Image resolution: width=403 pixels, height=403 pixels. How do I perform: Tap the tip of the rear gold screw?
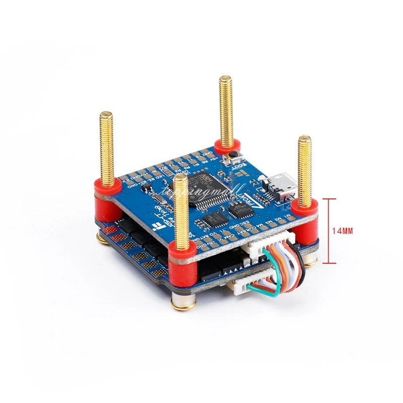pyautogui.click(x=224, y=80)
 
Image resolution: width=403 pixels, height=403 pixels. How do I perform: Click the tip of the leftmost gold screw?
pyautogui.click(x=106, y=114)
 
